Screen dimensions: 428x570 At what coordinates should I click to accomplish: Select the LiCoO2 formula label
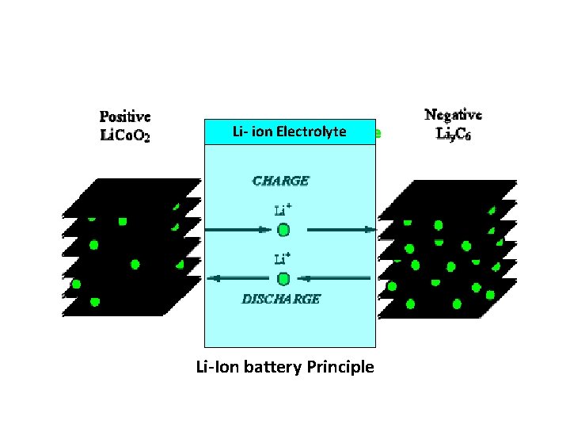click(x=125, y=136)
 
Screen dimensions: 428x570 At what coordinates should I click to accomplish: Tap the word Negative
click(x=454, y=116)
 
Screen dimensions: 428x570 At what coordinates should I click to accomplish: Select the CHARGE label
click(x=280, y=181)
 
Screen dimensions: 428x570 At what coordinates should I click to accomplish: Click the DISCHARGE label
click(x=280, y=299)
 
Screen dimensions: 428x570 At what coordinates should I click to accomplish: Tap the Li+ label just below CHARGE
click(x=283, y=210)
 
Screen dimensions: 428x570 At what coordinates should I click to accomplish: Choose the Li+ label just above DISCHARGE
click(x=283, y=259)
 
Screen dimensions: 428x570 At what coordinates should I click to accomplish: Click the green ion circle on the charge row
click(x=283, y=230)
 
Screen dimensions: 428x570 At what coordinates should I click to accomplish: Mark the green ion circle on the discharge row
click(x=283, y=278)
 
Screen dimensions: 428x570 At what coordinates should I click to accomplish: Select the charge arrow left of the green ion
click(x=237, y=230)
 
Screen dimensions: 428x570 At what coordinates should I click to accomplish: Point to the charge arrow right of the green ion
click(x=340, y=230)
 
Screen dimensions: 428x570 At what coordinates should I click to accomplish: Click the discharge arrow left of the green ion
click(x=237, y=278)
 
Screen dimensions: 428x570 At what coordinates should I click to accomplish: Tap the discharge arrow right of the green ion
click(x=337, y=278)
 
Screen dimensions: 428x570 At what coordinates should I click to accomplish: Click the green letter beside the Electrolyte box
click(x=378, y=133)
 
